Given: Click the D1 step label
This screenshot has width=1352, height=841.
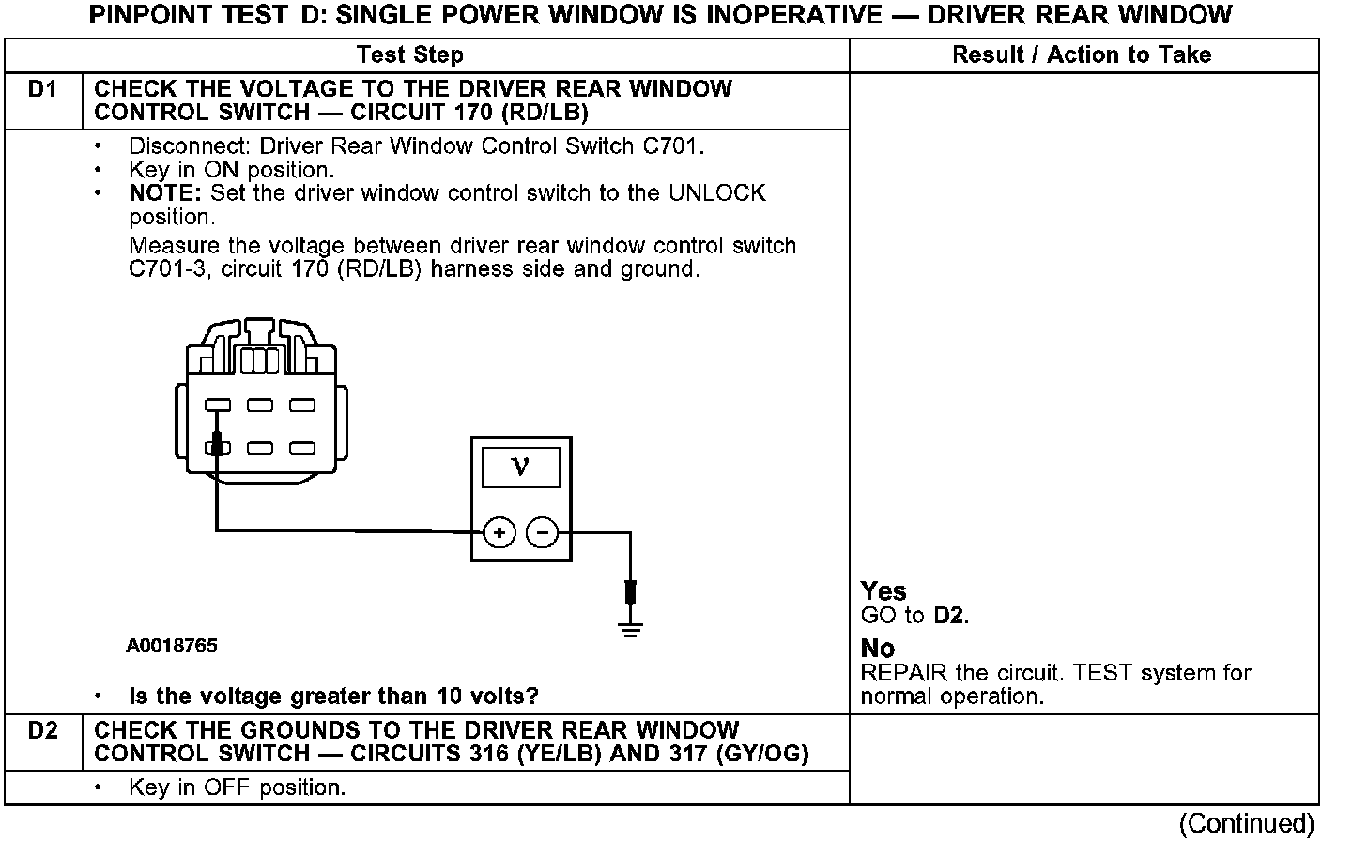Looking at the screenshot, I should [42, 90].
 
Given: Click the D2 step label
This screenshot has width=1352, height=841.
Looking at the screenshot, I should [42, 731].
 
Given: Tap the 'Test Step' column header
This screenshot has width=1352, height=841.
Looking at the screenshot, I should [410, 55].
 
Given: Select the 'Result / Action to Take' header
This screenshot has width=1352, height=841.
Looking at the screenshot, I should [1082, 55].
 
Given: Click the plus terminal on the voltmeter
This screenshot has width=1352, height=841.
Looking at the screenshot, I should [499, 533].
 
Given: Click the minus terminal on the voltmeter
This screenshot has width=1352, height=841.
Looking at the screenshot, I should [542, 533].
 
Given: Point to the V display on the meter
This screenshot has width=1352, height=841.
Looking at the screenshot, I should [520, 466].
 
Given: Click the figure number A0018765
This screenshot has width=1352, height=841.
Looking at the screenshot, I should [172, 647].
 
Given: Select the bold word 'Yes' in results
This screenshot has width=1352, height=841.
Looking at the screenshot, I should [883, 591].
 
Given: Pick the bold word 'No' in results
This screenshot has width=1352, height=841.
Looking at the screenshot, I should [878, 649].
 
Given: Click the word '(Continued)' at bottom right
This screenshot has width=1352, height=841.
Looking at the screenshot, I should [1246, 823].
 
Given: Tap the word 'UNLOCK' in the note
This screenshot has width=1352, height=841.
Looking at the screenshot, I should [716, 194].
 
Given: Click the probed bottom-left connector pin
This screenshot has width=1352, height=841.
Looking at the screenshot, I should [218, 449].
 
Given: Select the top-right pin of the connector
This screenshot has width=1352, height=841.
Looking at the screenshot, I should [301, 405].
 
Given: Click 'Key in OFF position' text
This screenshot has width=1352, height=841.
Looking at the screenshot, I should [237, 788].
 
